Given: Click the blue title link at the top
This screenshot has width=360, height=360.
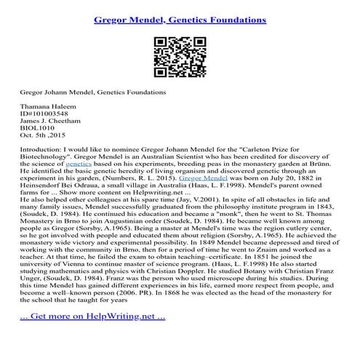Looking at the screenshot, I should point(180,15).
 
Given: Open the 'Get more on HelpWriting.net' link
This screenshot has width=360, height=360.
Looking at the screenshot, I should point(92,337).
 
